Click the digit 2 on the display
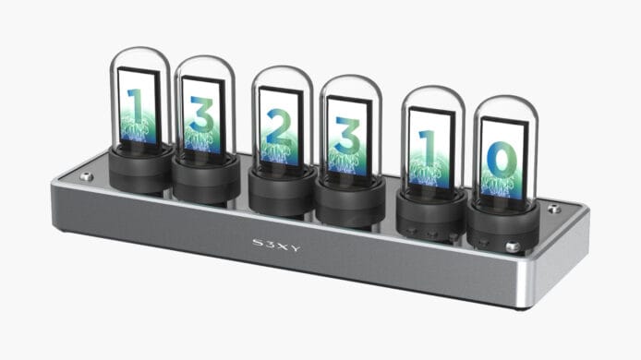coord(280,128)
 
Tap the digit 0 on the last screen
coord(502,161)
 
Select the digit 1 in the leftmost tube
coord(136,106)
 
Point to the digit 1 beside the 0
coord(427,147)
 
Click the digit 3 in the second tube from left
coord(201,114)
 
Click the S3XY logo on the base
coord(276,245)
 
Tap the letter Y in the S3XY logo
coord(296,247)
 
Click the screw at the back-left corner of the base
coord(87,176)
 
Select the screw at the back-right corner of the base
coord(554,209)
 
